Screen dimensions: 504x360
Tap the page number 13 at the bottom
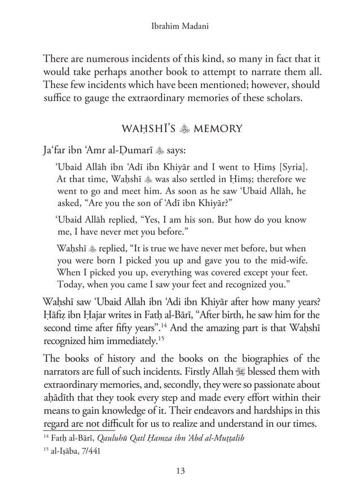pos(180,472)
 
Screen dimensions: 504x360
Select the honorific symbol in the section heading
pos(183,129)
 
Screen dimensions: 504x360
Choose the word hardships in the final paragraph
pos(265,413)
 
